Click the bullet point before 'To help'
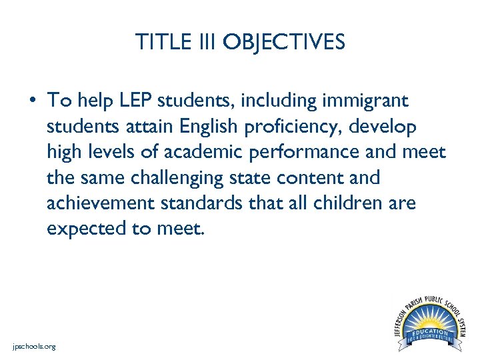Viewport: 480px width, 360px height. tap(32, 101)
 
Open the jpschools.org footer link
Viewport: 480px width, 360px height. tap(34, 347)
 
